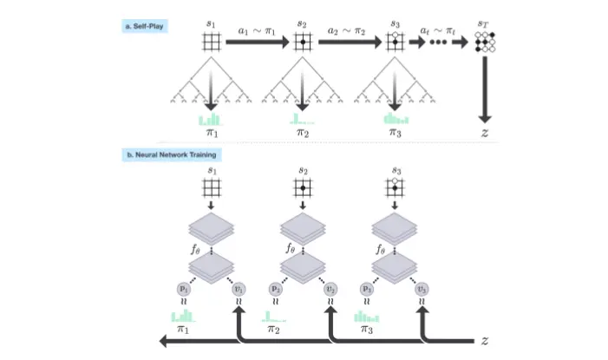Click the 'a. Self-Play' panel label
pos(145,27)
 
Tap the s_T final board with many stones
pos(485,43)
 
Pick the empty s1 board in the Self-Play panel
pos(209,43)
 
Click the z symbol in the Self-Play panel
pos(485,133)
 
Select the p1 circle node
pos(184,286)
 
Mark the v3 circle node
pos(422,286)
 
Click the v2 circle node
pos(329,286)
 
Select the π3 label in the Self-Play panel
pos(396,134)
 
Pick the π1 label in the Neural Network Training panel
pos(184,330)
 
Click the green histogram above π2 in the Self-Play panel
pos(300,119)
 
